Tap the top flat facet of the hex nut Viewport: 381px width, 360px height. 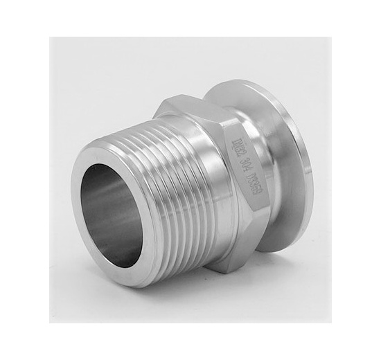pos(201,104)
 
